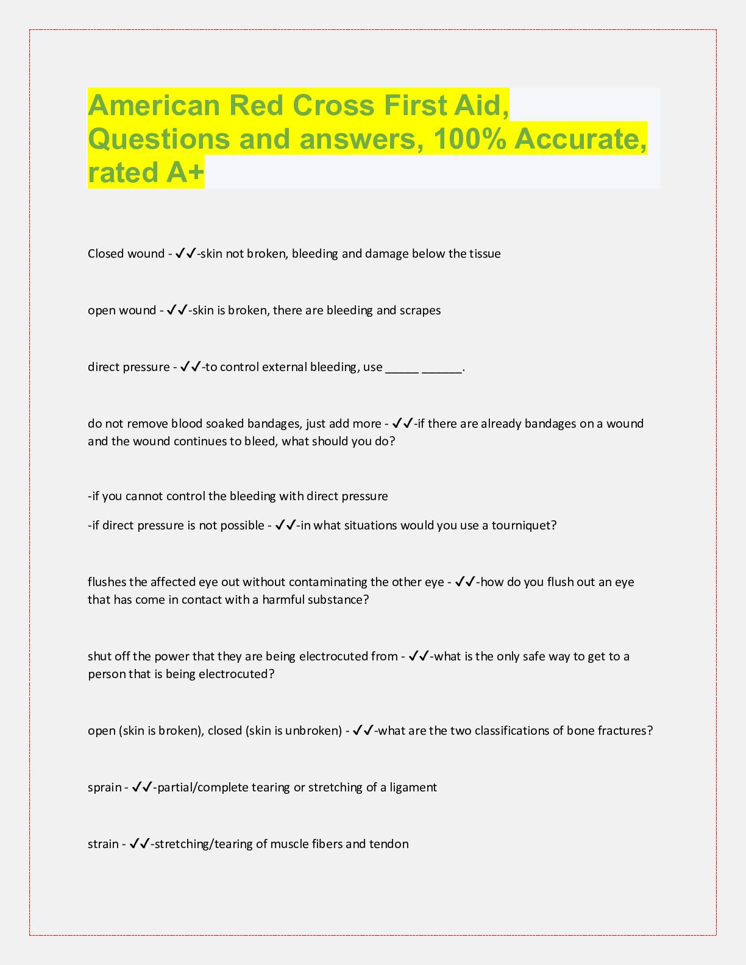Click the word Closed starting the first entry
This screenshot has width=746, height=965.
coord(105,254)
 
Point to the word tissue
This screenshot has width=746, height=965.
coord(485,254)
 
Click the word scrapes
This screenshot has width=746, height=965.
coord(420,311)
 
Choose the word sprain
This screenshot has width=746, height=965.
coord(104,788)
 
